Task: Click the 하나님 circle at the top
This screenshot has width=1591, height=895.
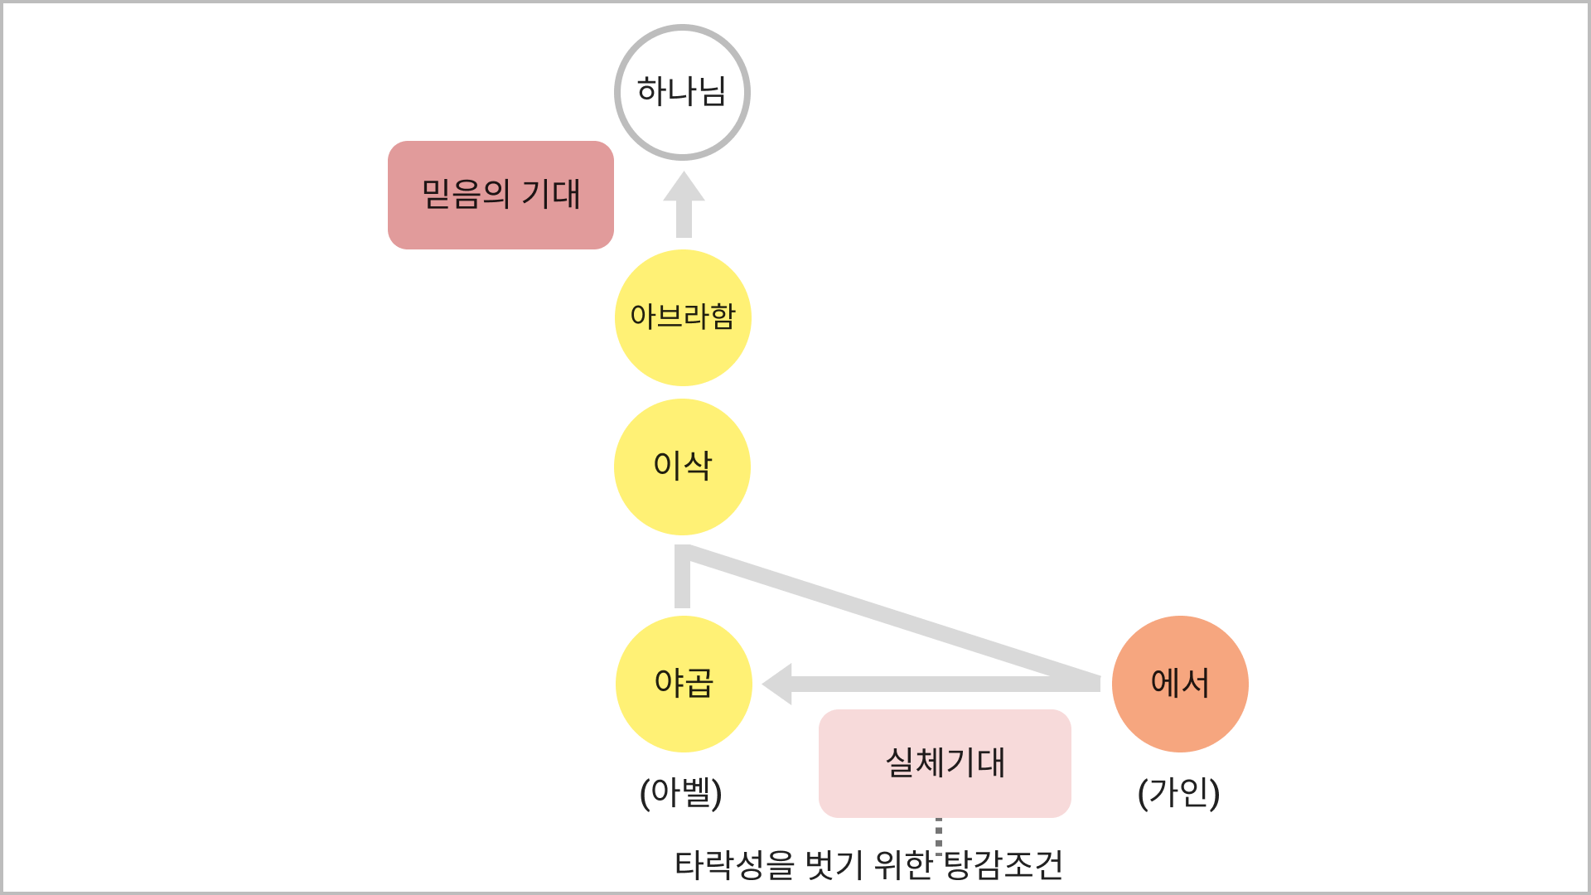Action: coord(682,92)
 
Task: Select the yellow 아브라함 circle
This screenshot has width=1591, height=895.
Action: coord(682,317)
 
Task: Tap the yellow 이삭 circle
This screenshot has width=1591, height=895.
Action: coord(682,467)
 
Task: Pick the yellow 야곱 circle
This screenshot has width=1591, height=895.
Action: coord(684,684)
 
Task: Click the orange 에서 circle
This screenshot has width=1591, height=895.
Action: coord(1180,684)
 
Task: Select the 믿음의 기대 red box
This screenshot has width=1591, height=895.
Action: coord(501,195)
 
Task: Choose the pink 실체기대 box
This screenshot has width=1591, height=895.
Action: coord(945,763)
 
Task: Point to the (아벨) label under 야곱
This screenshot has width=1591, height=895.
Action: coord(681,793)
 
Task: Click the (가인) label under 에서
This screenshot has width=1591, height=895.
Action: coord(1178,793)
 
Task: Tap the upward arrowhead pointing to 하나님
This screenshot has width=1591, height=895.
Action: coord(684,187)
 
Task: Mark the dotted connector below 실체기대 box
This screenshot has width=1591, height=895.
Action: coord(939,832)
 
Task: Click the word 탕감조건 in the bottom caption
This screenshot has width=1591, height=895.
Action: coord(1003,865)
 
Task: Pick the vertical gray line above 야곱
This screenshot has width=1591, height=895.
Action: coord(682,580)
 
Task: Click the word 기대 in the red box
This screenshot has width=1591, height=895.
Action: coord(551,195)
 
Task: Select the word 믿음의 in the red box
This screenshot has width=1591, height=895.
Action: coord(466,195)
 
